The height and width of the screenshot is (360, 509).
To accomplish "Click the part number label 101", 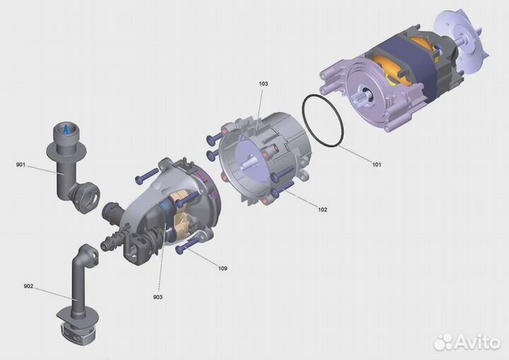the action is [x=377, y=164].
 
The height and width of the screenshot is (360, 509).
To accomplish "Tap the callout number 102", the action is [x=322, y=209].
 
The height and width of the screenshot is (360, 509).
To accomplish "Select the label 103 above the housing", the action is [x=263, y=83].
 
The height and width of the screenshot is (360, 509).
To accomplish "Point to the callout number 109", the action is [x=223, y=268].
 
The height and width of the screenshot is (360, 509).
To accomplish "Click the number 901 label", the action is [x=21, y=165].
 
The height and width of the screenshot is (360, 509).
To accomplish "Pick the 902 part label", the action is [x=28, y=286].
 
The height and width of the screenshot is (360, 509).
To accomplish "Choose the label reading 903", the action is [x=158, y=297].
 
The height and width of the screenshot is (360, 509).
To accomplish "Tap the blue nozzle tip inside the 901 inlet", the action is [x=66, y=129].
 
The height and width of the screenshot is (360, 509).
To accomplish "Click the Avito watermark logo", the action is [x=467, y=342].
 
